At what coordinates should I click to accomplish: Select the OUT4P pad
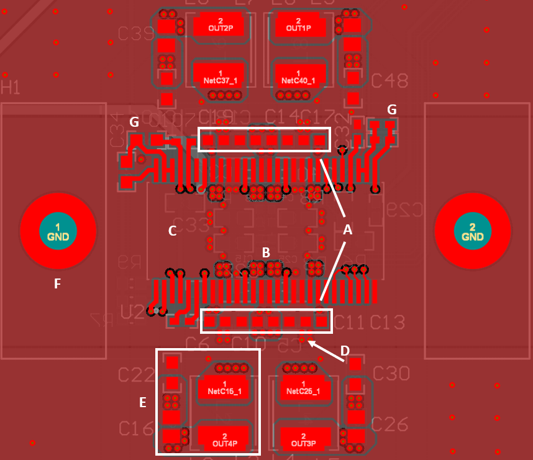click(224, 440)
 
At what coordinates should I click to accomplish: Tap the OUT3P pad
click(303, 440)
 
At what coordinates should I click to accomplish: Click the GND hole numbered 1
click(58, 232)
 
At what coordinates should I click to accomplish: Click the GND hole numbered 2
click(472, 232)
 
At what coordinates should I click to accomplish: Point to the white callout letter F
click(57, 284)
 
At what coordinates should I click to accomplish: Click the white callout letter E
click(143, 403)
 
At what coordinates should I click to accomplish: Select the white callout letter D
click(345, 351)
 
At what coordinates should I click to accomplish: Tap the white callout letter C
click(173, 231)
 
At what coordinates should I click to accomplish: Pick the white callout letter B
click(266, 252)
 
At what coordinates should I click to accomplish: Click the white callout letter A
click(348, 230)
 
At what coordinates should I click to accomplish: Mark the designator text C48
click(389, 81)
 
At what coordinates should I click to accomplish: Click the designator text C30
click(390, 374)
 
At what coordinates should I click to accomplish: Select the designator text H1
click(11, 87)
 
